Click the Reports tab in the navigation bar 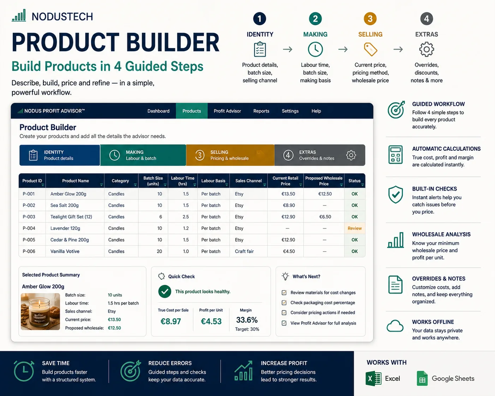click(x=261, y=111)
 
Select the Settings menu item click(x=290, y=111)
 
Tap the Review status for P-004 click(x=354, y=228)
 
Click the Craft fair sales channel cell click(x=244, y=251)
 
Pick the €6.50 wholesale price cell click(x=325, y=217)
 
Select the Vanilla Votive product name click(x=65, y=251)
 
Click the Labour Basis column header click(x=213, y=181)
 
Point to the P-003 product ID click(x=29, y=217)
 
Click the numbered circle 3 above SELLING click(x=370, y=19)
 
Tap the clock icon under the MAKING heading click(x=315, y=49)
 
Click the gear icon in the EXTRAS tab click(x=351, y=155)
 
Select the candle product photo click(x=40, y=312)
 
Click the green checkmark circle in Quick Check click(x=165, y=292)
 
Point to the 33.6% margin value click(x=247, y=320)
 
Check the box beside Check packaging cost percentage click(x=284, y=302)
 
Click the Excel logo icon click(x=373, y=378)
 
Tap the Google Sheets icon click(x=422, y=378)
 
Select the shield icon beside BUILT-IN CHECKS click(x=395, y=194)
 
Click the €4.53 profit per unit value click(x=211, y=321)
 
